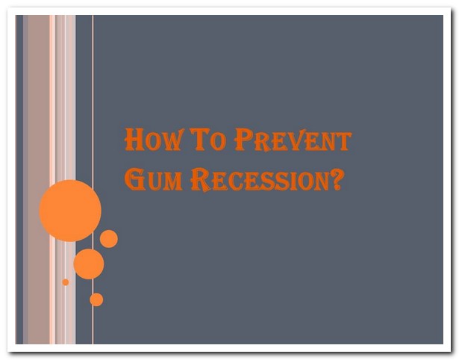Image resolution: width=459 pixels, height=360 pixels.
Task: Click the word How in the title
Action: pos(153,140)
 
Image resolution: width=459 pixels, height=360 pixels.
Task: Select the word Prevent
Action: pos(293,140)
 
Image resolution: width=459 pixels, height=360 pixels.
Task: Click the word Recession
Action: pos(260,180)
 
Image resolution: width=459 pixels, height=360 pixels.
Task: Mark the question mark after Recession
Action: pos(336,179)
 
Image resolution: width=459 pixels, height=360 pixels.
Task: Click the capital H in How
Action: pos(134,140)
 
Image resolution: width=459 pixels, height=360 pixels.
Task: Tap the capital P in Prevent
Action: pos(244,140)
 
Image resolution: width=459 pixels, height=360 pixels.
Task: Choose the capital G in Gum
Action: pos(135,179)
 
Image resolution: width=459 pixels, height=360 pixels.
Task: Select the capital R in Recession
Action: pos(201,180)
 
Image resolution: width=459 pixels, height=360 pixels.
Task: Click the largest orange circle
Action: pos(70,211)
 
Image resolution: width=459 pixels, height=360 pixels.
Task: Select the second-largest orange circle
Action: pos(89,264)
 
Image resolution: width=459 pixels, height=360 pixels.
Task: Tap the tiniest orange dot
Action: pos(66,282)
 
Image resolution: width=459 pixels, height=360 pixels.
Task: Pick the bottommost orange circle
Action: pos(96,300)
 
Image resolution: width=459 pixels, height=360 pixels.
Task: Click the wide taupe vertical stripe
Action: pos(39,179)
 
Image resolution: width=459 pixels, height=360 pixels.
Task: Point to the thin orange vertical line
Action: pos(93,179)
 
